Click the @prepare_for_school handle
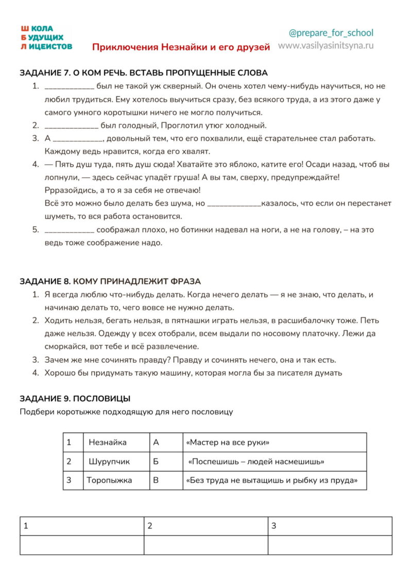[331, 33]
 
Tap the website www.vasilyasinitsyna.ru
[326, 45]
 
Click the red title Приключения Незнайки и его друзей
[181, 47]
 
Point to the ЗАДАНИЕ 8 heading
[110, 281]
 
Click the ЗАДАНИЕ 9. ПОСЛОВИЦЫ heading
[75, 398]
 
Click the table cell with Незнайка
[108, 442]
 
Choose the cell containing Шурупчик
[109, 462]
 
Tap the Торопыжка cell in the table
[109, 480]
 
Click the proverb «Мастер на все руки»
[227, 442]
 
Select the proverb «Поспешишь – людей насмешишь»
[256, 462]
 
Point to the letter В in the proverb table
[156, 480]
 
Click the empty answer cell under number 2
[205, 545]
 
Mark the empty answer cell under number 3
[330, 545]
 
